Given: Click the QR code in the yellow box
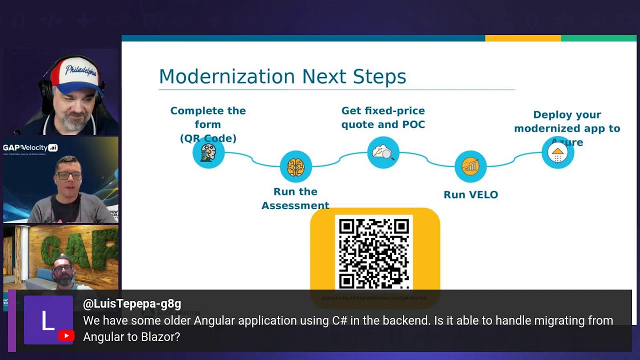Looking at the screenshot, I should tap(374, 253).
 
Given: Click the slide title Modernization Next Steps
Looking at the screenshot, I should tap(282, 76).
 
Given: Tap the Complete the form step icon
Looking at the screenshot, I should tap(208, 152).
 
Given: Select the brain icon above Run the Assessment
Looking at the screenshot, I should tap(295, 166).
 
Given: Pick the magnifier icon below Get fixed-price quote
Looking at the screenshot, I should tap(383, 152).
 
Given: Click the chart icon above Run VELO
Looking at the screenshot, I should tap(470, 166).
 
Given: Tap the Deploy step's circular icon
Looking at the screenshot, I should tap(557, 153).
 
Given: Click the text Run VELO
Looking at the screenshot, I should tap(470, 194).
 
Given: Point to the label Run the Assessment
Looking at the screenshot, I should tap(295, 198).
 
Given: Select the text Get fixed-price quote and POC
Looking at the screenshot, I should tap(383, 117).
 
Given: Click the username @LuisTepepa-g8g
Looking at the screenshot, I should tap(132, 303).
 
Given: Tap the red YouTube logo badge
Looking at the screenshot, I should tap(66, 336).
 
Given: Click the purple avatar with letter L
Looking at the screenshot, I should tap(48, 320).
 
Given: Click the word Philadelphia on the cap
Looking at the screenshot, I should tap(81, 70).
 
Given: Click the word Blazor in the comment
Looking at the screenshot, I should tap(151, 337).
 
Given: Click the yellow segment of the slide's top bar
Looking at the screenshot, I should tap(522, 38).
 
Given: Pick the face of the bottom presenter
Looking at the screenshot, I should tap(63, 272).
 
